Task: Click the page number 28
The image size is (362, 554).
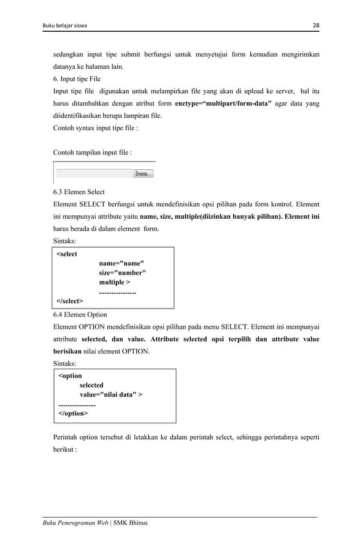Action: click(x=315, y=25)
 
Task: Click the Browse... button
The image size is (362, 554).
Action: click(x=143, y=174)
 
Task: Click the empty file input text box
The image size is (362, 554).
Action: click(x=94, y=174)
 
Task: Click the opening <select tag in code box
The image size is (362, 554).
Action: click(x=67, y=254)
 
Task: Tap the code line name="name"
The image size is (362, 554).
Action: click(x=121, y=263)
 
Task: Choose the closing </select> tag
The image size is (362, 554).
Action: click(x=69, y=300)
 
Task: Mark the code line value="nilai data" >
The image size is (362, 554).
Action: click(x=111, y=394)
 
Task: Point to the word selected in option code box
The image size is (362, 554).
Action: click(x=91, y=385)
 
